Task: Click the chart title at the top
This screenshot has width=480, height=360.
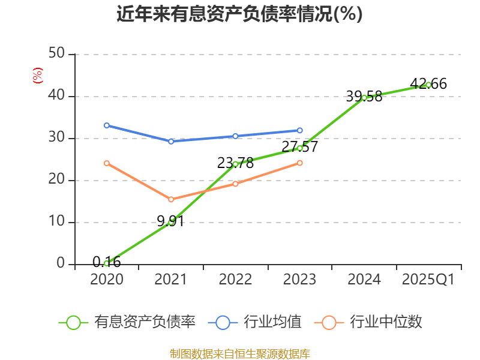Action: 239,14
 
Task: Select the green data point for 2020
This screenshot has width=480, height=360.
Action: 106,263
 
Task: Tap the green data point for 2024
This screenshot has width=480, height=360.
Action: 364,97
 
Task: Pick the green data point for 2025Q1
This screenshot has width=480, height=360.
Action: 428,85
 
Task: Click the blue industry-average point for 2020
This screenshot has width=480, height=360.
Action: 106,125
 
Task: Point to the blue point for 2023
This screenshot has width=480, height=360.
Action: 300,130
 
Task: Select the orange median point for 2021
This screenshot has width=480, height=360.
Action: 171,199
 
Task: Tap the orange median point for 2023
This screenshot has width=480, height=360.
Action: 300,163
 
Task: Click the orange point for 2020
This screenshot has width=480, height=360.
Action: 106,163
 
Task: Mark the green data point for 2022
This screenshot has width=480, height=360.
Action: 235,164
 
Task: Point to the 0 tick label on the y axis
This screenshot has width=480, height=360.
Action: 61,264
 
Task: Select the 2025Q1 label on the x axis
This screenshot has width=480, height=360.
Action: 428,280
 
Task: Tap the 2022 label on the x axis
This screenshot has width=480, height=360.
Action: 235,280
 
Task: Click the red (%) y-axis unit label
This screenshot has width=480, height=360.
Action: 38,76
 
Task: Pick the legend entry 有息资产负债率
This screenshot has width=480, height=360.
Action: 127,322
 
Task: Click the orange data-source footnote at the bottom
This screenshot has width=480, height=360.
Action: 239,353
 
